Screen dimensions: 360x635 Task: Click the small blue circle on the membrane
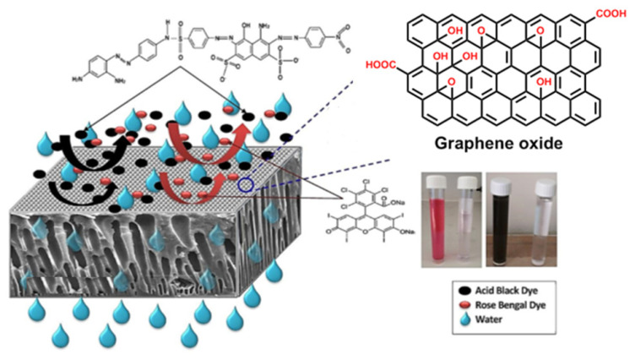[x=245, y=186]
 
